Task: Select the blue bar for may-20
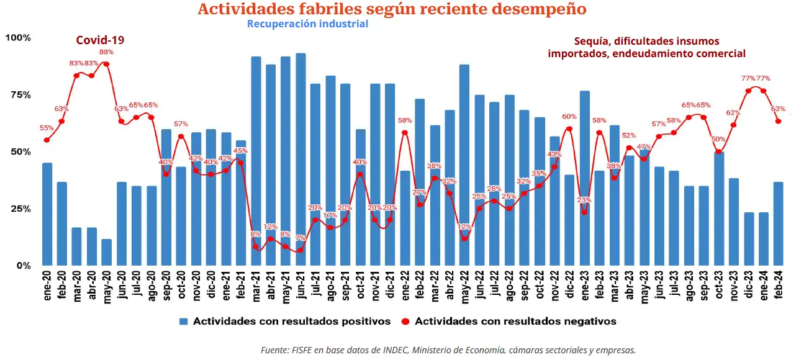pyautogui.click(x=107, y=252)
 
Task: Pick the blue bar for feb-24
pyautogui.click(x=778, y=223)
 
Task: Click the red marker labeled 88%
pyautogui.click(x=107, y=64)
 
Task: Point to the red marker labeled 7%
pyautogui.click(x=301, y=250)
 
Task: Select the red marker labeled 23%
pyautogui.click(x=584, y=212)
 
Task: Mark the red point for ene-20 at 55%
pyautogui.click(x=47, y=140)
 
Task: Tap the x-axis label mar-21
pyautogui.click(x=256, y=286)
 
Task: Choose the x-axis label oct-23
pyautogui.click(x=718, y=286)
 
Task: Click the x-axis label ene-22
pyautogui.click(x=405, y=286)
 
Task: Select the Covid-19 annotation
pyautogui.click(x=100, y=40)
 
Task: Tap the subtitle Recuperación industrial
pyautogui.click(x=307, y=24)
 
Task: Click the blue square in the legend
pyautogui.click(x=184, y=322)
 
